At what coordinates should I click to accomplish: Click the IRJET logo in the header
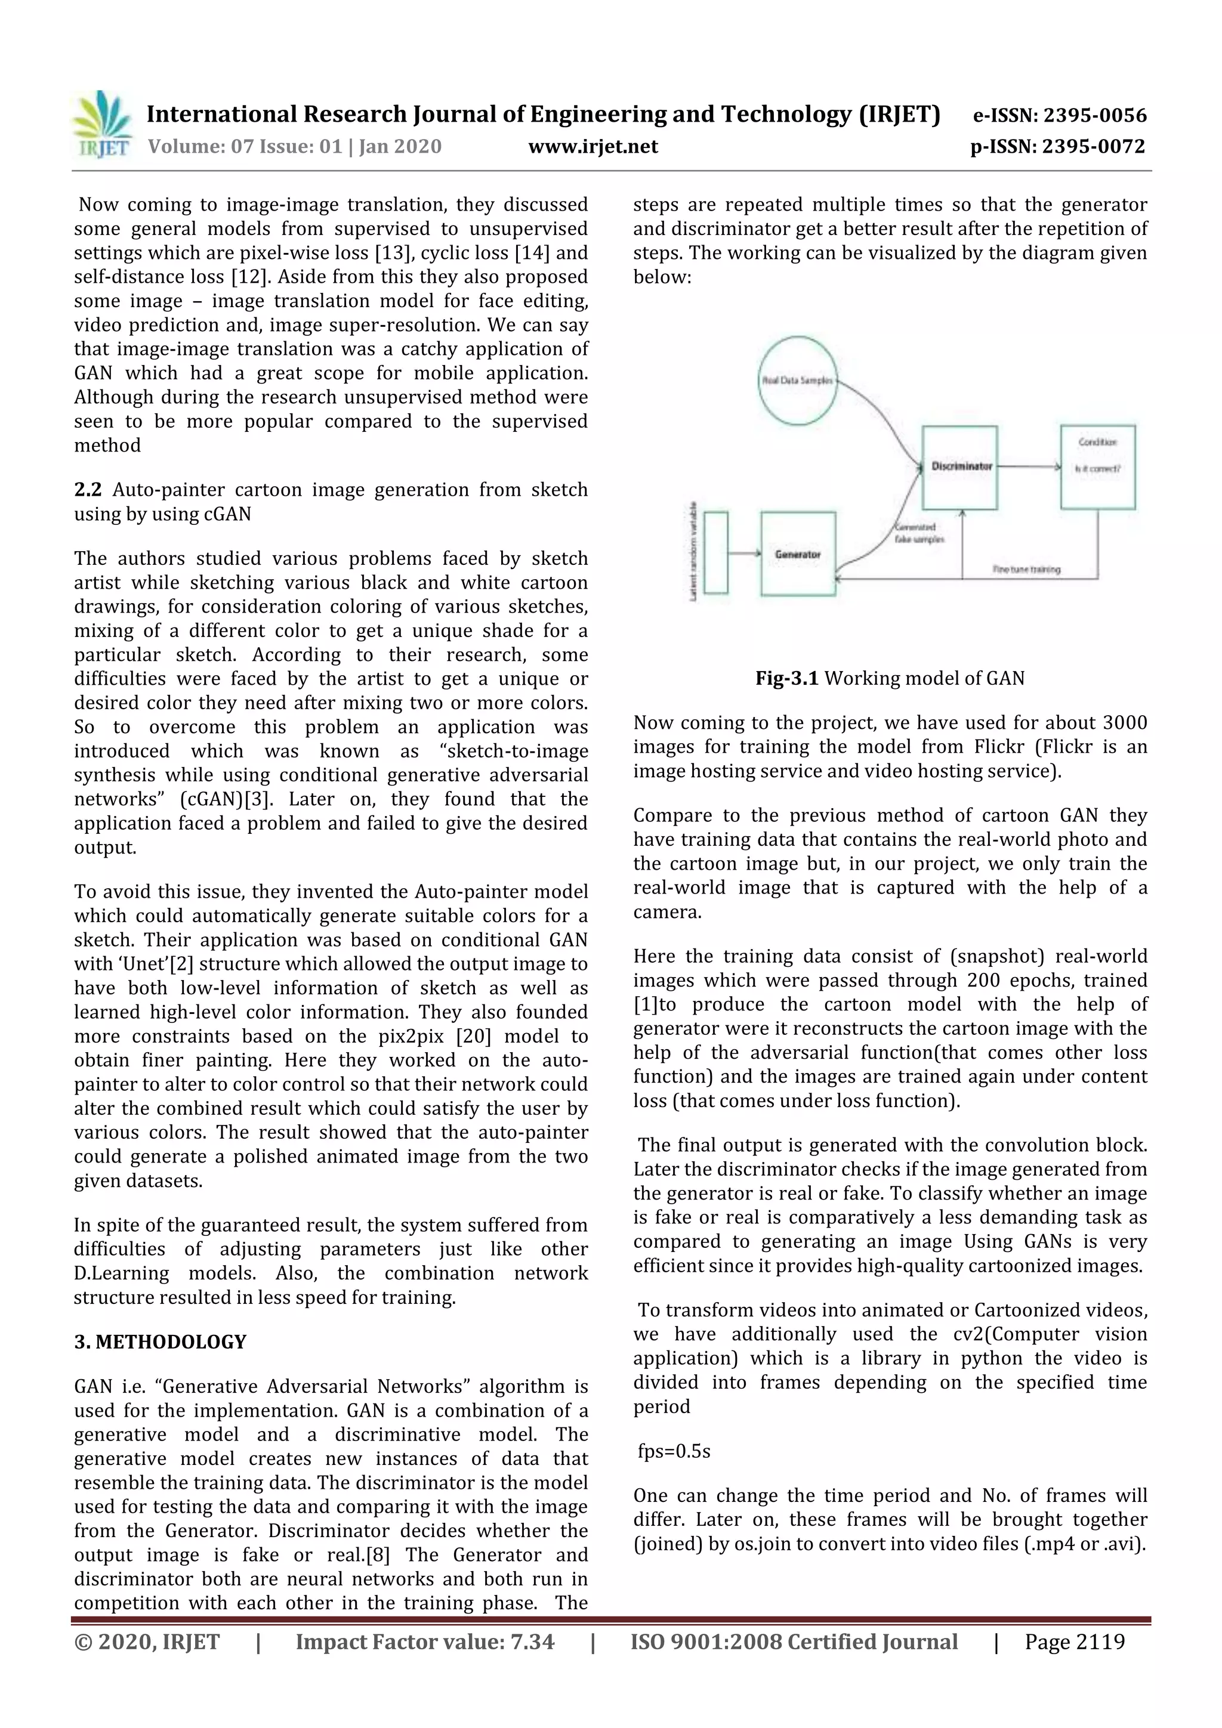tap(101, 125)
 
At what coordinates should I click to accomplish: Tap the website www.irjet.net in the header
tap(593, 147)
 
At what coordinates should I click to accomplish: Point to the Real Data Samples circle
tap(797, 381)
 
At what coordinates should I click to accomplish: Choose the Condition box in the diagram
tap(1097, 466)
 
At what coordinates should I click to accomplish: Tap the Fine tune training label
tap(1026, 569)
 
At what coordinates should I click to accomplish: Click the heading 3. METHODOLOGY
tap(160, 1342)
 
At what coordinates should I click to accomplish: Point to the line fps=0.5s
tap(673, 1451)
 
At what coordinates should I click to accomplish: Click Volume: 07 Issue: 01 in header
tap(245, 147)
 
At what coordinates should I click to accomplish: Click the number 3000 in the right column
tap(1124, 724)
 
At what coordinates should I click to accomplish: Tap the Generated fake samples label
tap(918, 533)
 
